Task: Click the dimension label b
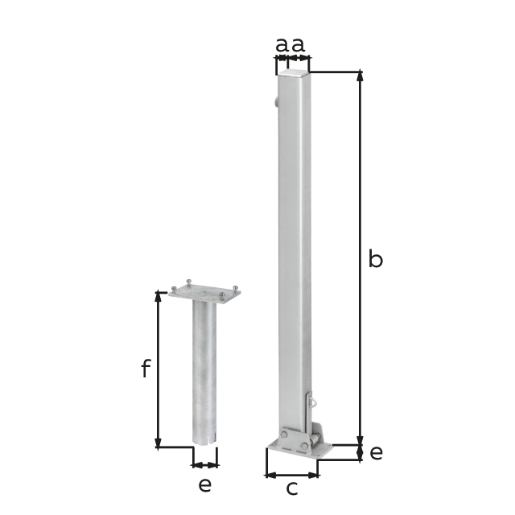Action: [375, 259]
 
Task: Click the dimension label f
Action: [146, 369]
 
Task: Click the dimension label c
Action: [292, 487]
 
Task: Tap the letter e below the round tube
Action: [205, 484]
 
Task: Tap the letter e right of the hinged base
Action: [376, 452]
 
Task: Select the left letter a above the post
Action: [282, 45]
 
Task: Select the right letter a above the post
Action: [299, 45]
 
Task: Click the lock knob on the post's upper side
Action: [275, 102]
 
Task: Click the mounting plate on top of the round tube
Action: [204, 295]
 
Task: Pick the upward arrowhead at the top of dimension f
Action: [159, 296]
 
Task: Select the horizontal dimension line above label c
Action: [292, 474]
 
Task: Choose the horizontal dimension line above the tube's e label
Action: [205, 464]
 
